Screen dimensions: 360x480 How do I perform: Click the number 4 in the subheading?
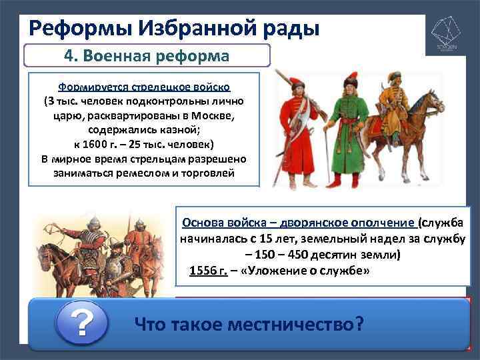pos(68,56)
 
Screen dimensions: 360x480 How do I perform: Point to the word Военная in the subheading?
pos(115,56)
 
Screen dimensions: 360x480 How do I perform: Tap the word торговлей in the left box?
pos(198,173)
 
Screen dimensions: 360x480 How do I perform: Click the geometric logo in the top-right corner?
pos(447,34)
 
